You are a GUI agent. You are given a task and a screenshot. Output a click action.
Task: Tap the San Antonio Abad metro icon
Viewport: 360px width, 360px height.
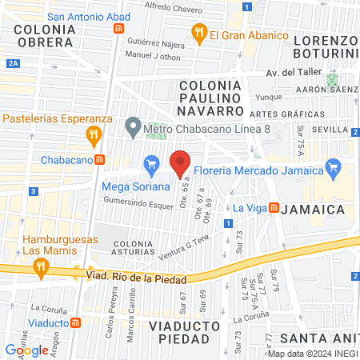tap(119, 27)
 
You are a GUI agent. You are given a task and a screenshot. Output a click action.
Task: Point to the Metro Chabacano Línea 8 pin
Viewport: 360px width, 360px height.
tap(131, 127)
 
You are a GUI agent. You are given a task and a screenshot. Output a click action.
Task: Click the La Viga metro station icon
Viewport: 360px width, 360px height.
tap(273, 207)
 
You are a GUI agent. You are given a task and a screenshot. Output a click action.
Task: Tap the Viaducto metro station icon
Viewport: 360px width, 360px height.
tap(77, 322)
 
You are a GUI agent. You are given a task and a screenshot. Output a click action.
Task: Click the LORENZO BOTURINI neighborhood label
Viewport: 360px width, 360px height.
tap(324, 45)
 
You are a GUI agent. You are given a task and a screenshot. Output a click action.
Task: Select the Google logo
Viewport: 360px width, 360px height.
tap(26, 350)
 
